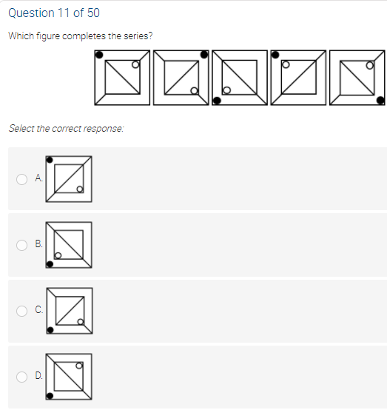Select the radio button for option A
pyautogui.click(x=21, y=179)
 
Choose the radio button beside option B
pyautogui.click(x=21, y=245)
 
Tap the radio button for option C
pyautogui.click(x=21, y=311)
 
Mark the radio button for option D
pyautogui.click(x=21, y=377)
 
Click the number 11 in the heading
pyautogui.click(x=64, y=13)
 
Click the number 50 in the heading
pyautogui.click(x=93, y=13)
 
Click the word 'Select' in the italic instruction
pyautogui.click(x=21, y=128)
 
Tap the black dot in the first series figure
pyautogui.click(x=99, y=55)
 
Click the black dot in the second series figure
pyautogui.click(x=204, y=54)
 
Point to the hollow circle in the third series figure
pyautogui.click(x=226, y=90)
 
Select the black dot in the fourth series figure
pyautogui.click(x=275, y=55)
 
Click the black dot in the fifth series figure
pyautogui.click(x=380, y=100)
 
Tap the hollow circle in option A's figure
pyautogui.click(x=80, y=189)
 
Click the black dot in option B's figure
pyautogui.click(x=50, y=264)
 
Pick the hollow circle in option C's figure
pyautogui.click(x=81, y=322)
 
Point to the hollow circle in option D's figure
pyautogui.click(x=79, y=366)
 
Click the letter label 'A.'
pyautogui.click(x=38, y=178)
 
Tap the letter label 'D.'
pyautogui.click(x=38, y=375)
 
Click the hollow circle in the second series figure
pyautogui.click(x=195, y=91)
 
